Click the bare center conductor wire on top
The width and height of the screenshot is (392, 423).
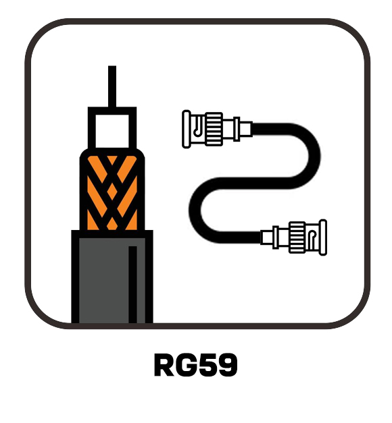[x=112, y=86]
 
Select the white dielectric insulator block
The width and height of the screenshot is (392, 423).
[x=112, y=131]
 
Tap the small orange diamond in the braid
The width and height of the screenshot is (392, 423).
[x=112, y=191]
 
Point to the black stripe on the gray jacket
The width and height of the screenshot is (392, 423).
[x=132, y=284]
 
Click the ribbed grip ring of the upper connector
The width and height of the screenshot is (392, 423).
[x=214, y=129]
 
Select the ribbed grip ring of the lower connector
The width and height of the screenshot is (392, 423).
[x=297, y=237]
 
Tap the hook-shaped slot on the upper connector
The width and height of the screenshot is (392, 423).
[x=198, y=126]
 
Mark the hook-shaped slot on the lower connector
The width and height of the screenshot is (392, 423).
[x=312, y=240]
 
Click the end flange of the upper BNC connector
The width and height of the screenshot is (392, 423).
[x=187, y=130]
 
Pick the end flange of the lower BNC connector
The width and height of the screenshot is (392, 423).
[x=323, y=237]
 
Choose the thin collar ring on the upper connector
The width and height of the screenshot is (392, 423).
[x=237, y=129]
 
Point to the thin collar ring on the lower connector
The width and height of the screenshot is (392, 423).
[x=276, y=237]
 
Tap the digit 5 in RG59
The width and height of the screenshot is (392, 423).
[x=207, y=365]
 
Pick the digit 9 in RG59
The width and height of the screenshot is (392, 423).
[x=227, y=365]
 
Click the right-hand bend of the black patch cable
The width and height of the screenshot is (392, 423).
[x=314, y=156]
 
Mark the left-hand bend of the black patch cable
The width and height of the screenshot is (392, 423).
[x=195, y=210]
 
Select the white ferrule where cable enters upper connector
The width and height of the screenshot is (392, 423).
[x=246, y=129]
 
